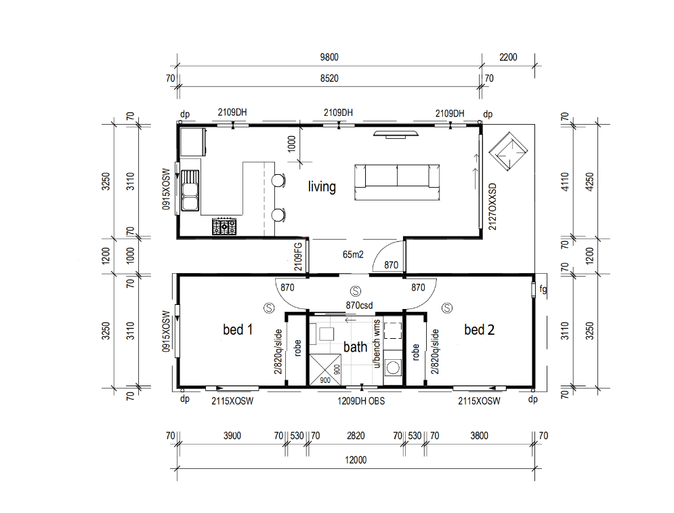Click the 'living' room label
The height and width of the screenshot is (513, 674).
(322, 187)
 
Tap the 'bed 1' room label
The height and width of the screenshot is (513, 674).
(238, 330)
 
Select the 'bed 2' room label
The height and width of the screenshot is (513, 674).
(480, 330)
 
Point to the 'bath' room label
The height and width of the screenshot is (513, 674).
(355, 346)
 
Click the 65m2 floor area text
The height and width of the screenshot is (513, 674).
(353, 255)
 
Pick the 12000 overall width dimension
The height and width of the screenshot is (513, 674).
(356, 460)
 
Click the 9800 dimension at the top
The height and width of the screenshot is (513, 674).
(329, 57)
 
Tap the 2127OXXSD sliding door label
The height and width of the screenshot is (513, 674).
(492, 207)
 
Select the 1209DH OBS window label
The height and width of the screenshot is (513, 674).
(361, 401)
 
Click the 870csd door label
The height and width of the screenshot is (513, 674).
(359, 306)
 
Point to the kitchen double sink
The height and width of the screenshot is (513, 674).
(190, 190)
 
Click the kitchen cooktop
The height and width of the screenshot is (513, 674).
(224, 226)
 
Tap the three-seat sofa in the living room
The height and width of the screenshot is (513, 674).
(397, 182)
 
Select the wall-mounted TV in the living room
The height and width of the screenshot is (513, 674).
(396, 134)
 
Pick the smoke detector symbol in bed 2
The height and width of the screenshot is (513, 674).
(448, 308)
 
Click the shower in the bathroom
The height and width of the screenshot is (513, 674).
(325, 369)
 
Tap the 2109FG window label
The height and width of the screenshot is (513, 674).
(298, 257)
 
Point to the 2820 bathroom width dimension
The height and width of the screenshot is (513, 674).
(356, 436)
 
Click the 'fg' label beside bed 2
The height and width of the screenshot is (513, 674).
(543, 289)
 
